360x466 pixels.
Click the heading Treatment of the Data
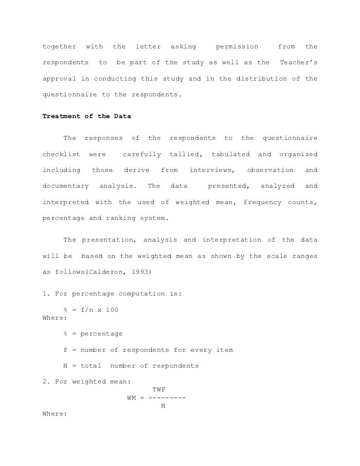[88, 117]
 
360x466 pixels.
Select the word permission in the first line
[237, 47]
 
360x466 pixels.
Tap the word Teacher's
[298, 63]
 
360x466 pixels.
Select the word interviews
[212, 170]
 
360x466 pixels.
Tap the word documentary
[66, 186]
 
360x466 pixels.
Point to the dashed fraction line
[167, 398]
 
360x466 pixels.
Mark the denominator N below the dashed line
[163, 406]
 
